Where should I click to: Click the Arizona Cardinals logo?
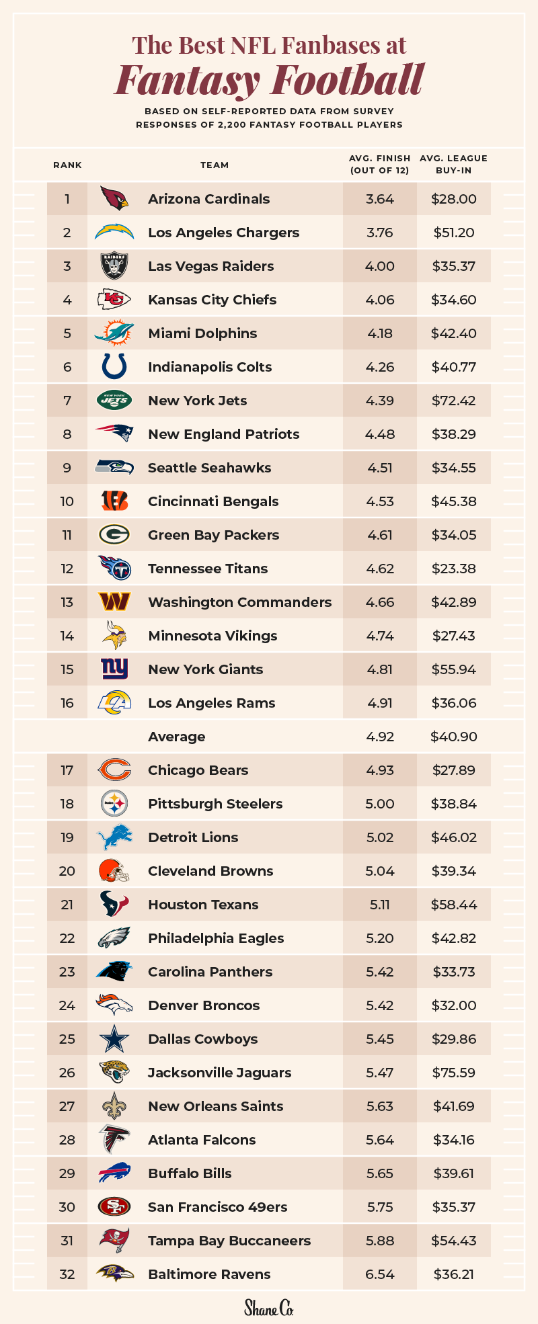[x=114, y=198]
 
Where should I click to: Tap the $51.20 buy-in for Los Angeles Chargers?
[x=454, y=233]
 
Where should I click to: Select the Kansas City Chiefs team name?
[x=212, y=300]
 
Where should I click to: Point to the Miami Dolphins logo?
[x=114, y=333]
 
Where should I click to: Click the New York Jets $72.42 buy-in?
[x=454, y=401]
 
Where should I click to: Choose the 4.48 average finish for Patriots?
[x=380, y=434]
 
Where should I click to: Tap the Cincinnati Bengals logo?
[x=114, y=501]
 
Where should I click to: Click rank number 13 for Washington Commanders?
[x=67, y=602]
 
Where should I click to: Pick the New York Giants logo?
[x=114, y=669]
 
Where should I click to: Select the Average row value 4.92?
[x=380, y=737]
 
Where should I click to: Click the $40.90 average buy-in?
[x=454, y=737]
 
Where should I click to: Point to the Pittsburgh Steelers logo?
[x=114, y=803]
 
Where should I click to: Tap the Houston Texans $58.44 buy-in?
[x=454, y=905]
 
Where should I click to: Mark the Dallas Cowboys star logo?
[x=114, y=1039]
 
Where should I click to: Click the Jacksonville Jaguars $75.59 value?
[x=454, y=1073]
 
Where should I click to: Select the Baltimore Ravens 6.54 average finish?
[x=380, y=1274]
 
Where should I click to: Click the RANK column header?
[x=67, y=165]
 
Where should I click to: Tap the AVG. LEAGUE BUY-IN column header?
[x=453, y=164]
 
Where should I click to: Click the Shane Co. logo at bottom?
[x=269, y=1308]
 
